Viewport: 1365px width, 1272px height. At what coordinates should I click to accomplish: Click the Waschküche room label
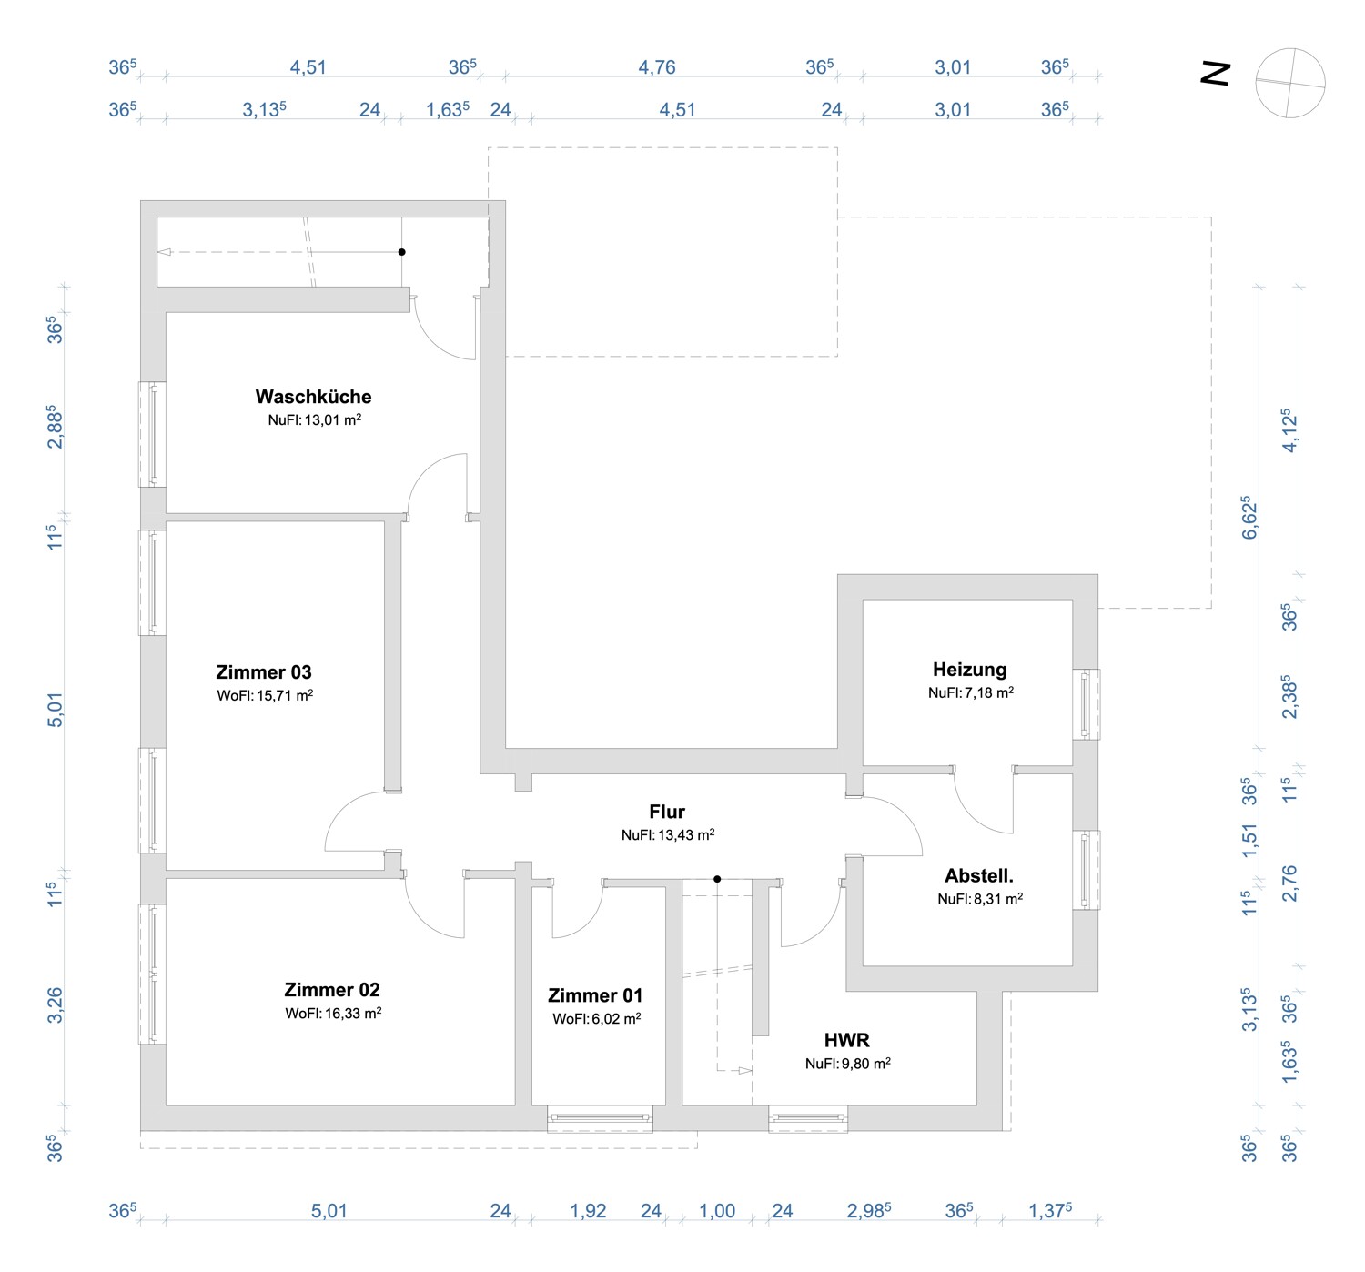pos(313,397)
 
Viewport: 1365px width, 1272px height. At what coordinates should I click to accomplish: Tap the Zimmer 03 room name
pos(264,672)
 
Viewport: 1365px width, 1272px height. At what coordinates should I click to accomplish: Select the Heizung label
pos(969,670)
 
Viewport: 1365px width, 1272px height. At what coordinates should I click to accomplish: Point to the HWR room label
pos(846,1040)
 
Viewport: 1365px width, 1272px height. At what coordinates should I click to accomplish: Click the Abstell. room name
pos(978,876)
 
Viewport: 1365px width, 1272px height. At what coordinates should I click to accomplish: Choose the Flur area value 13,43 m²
pos(667,835)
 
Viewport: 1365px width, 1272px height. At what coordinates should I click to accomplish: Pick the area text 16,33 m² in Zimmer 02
pos(333,1014)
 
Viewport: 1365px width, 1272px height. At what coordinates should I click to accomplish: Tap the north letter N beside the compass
pos(1216,74)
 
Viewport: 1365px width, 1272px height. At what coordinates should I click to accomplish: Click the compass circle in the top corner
pos(1289,83)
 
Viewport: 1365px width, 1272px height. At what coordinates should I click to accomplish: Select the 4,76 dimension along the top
pos(656,67)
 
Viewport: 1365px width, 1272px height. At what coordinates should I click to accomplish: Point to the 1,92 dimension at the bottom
pos(588,1211)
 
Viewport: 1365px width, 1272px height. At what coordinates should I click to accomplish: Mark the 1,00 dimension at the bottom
pos(717,1211)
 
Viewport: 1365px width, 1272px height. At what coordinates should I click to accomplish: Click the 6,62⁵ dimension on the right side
pos(1249,518)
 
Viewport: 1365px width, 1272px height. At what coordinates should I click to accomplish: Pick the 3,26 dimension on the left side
pos(56,1005)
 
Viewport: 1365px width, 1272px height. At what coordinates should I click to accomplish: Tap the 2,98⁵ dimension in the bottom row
pos(868,1211)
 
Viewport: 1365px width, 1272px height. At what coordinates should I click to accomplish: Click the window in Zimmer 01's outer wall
pos(600,1118)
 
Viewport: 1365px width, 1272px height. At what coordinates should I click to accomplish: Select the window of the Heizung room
pos(1085,704)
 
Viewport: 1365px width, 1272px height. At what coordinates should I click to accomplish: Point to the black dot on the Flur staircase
pos(717,879)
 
